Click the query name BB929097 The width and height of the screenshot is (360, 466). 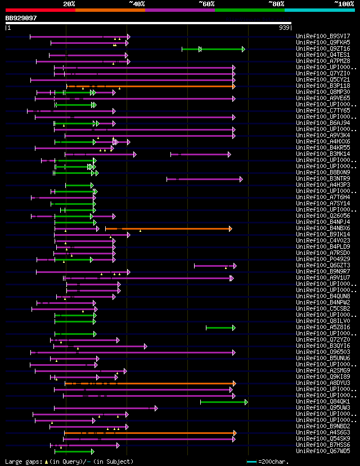(21, 18)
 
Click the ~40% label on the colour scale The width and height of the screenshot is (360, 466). (137, 3)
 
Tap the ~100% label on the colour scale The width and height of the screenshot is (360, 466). (344, 3)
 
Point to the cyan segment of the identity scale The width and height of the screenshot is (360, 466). (319, 10)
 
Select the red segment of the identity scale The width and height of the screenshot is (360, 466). (40, 10)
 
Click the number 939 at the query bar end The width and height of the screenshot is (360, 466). (284, 27)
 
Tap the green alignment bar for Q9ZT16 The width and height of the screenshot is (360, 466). (214, 49)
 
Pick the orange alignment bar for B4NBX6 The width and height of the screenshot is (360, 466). (169, 228)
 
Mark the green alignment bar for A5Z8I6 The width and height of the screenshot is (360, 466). (220, 328)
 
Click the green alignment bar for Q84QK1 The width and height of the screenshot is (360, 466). (223, 402)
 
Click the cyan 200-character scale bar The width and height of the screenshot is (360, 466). (252, 462)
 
